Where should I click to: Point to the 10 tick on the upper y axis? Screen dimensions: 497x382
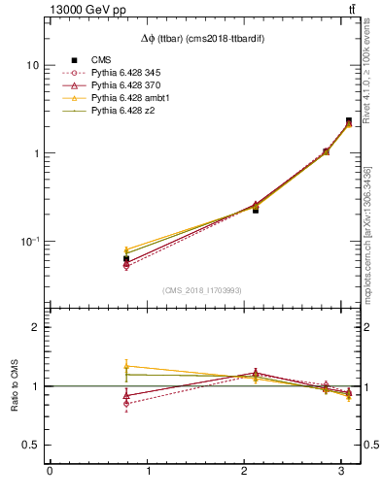(x=33, y=65)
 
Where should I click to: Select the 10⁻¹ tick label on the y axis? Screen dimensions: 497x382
(x=29, y=242)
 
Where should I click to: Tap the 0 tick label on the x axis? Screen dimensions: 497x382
(x=50, y=471)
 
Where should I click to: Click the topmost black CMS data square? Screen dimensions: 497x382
(x=349, y=121)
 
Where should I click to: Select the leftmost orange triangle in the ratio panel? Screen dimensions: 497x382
(x=126, y=366)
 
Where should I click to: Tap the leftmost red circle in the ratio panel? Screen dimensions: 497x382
(x=126, y=403)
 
